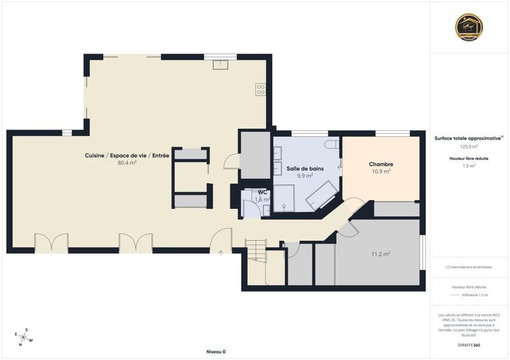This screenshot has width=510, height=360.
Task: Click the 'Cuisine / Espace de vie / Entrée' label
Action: point(127,155)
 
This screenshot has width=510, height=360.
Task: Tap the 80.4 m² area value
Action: point(127,162)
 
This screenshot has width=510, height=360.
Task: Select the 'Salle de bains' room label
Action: point(305,168)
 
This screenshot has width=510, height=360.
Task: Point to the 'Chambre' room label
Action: point(381,164)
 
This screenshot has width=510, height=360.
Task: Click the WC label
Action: point(263,192)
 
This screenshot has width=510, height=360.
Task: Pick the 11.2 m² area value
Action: point(381,254)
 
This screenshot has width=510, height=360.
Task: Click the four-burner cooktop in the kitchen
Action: point(260,89)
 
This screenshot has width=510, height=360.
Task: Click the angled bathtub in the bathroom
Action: point(321,194)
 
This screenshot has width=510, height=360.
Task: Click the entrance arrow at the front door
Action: point(221,253)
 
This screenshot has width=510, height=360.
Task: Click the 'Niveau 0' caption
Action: point(215,352)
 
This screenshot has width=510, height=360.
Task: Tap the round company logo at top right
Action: point(469,26)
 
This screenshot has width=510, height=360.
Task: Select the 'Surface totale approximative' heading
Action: point(469,138)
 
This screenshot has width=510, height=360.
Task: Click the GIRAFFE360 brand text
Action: point(469,344)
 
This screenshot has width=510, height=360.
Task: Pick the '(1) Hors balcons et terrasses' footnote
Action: point(469,267)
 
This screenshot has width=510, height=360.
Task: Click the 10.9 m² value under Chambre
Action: point(381,171)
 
